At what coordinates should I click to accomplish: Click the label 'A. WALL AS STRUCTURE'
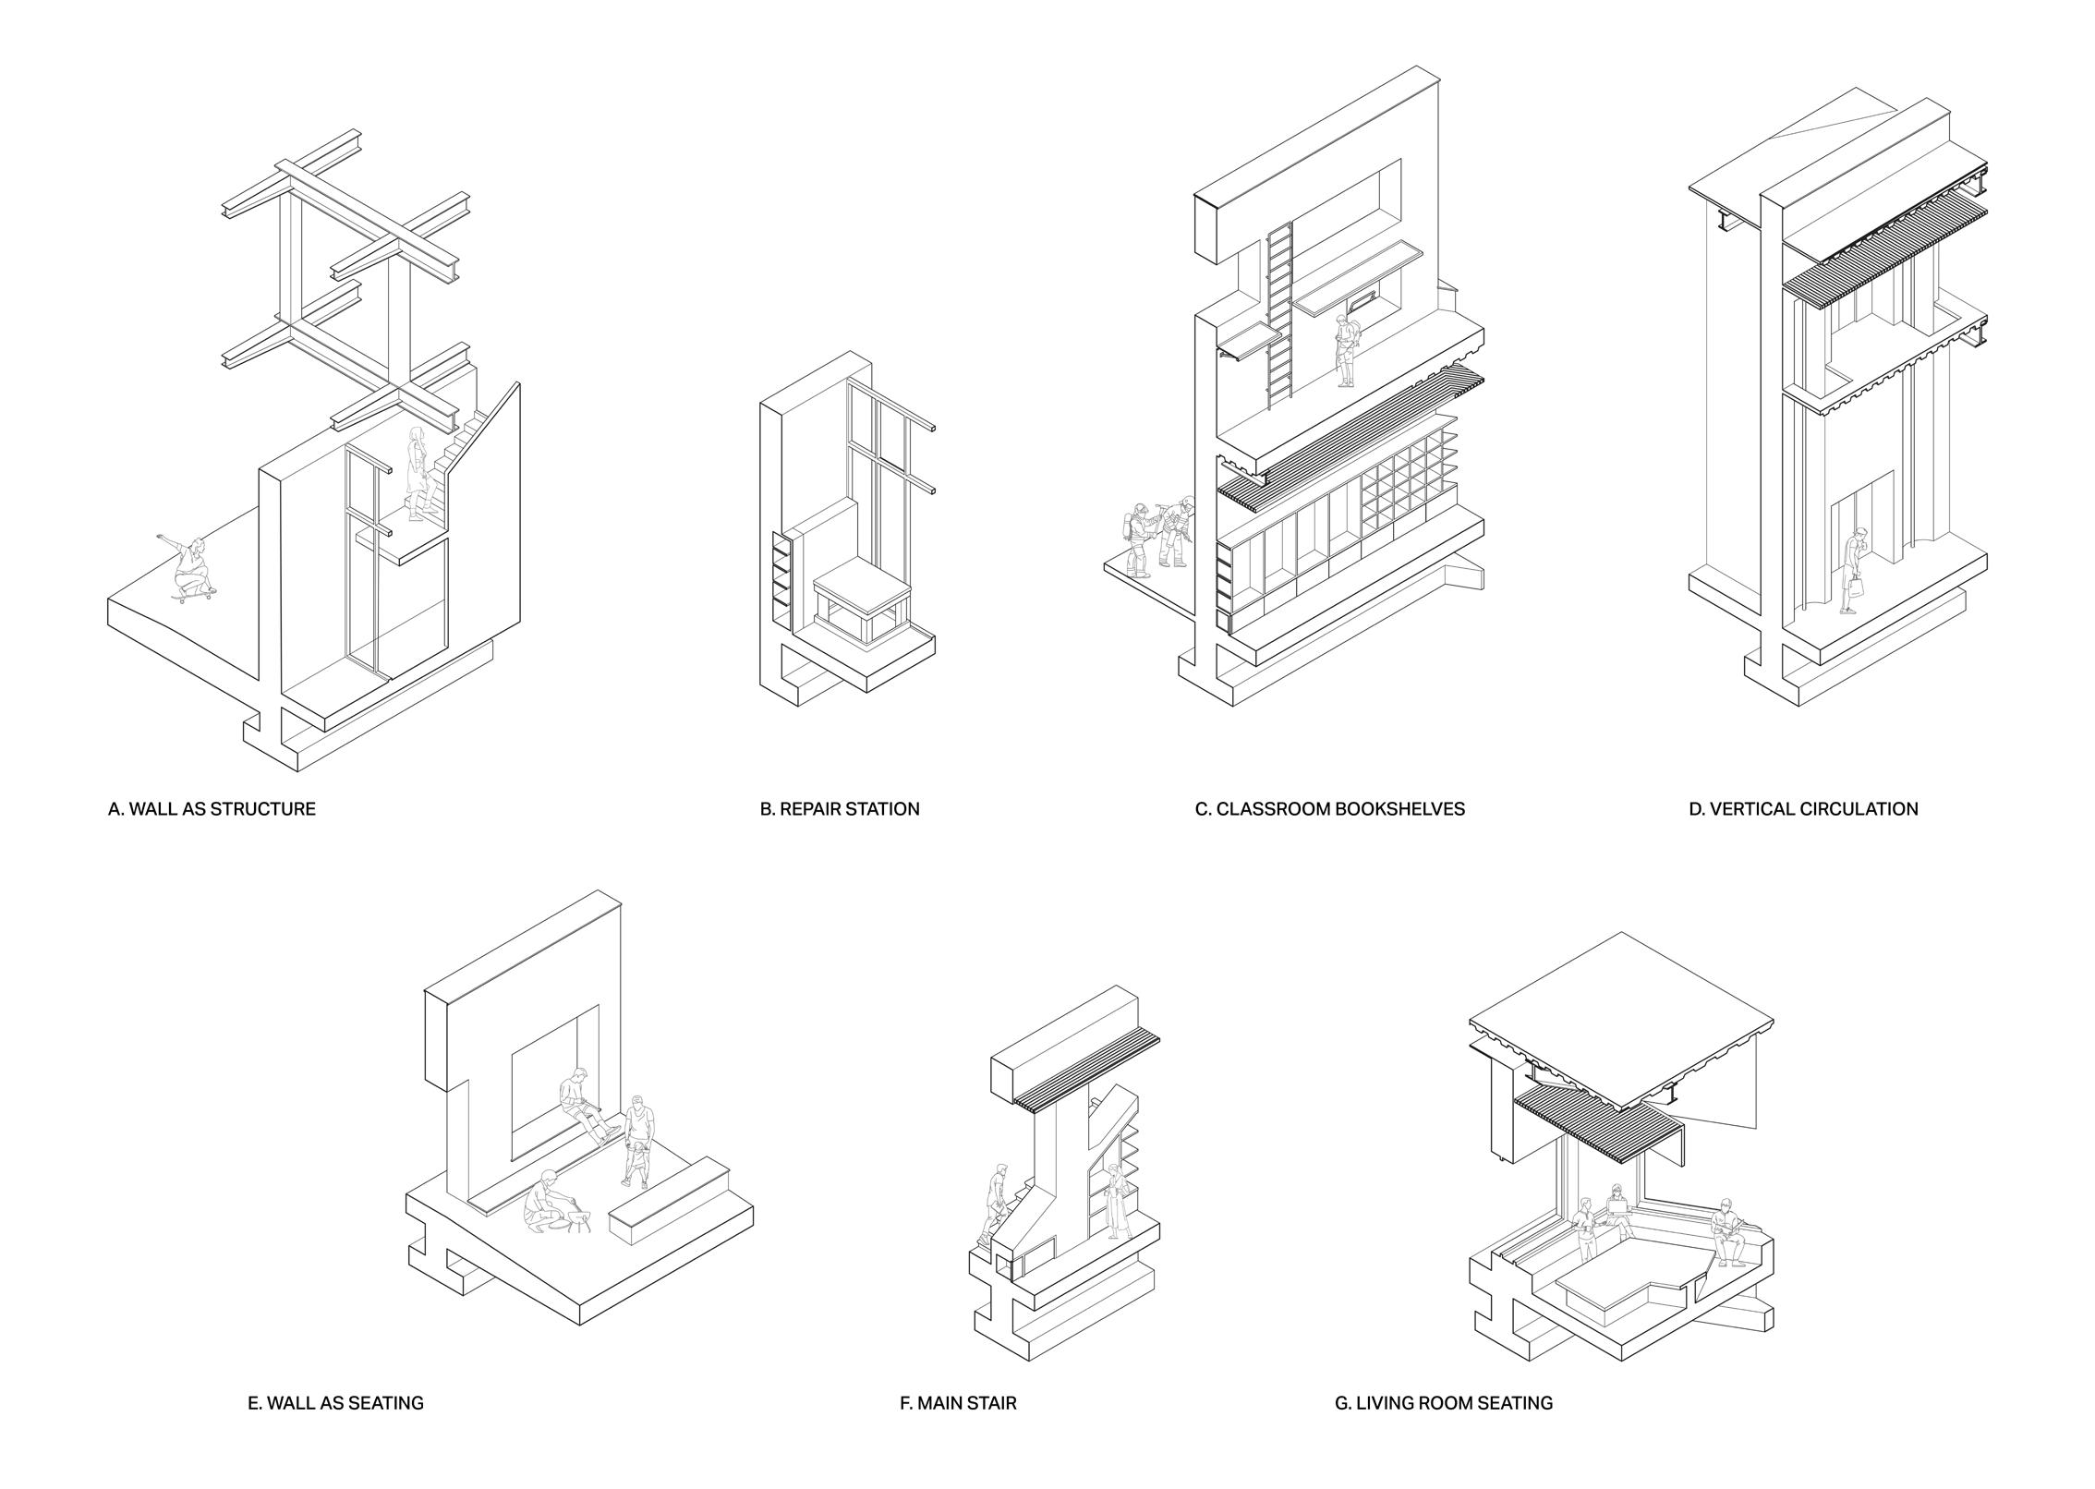pos(212,809)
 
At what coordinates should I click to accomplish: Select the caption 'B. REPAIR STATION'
pos(840,809)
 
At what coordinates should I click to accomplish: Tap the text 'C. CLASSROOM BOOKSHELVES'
pos(1329,809)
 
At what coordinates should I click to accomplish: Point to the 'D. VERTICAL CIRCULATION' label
pos(1803,809)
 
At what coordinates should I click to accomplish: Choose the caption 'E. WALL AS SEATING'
pos(335,1403)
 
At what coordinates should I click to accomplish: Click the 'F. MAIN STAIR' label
pos(958,1403)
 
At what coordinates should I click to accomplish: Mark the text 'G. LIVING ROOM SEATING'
pos(1444,1403)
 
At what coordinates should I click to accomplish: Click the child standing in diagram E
pos(636,1164)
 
